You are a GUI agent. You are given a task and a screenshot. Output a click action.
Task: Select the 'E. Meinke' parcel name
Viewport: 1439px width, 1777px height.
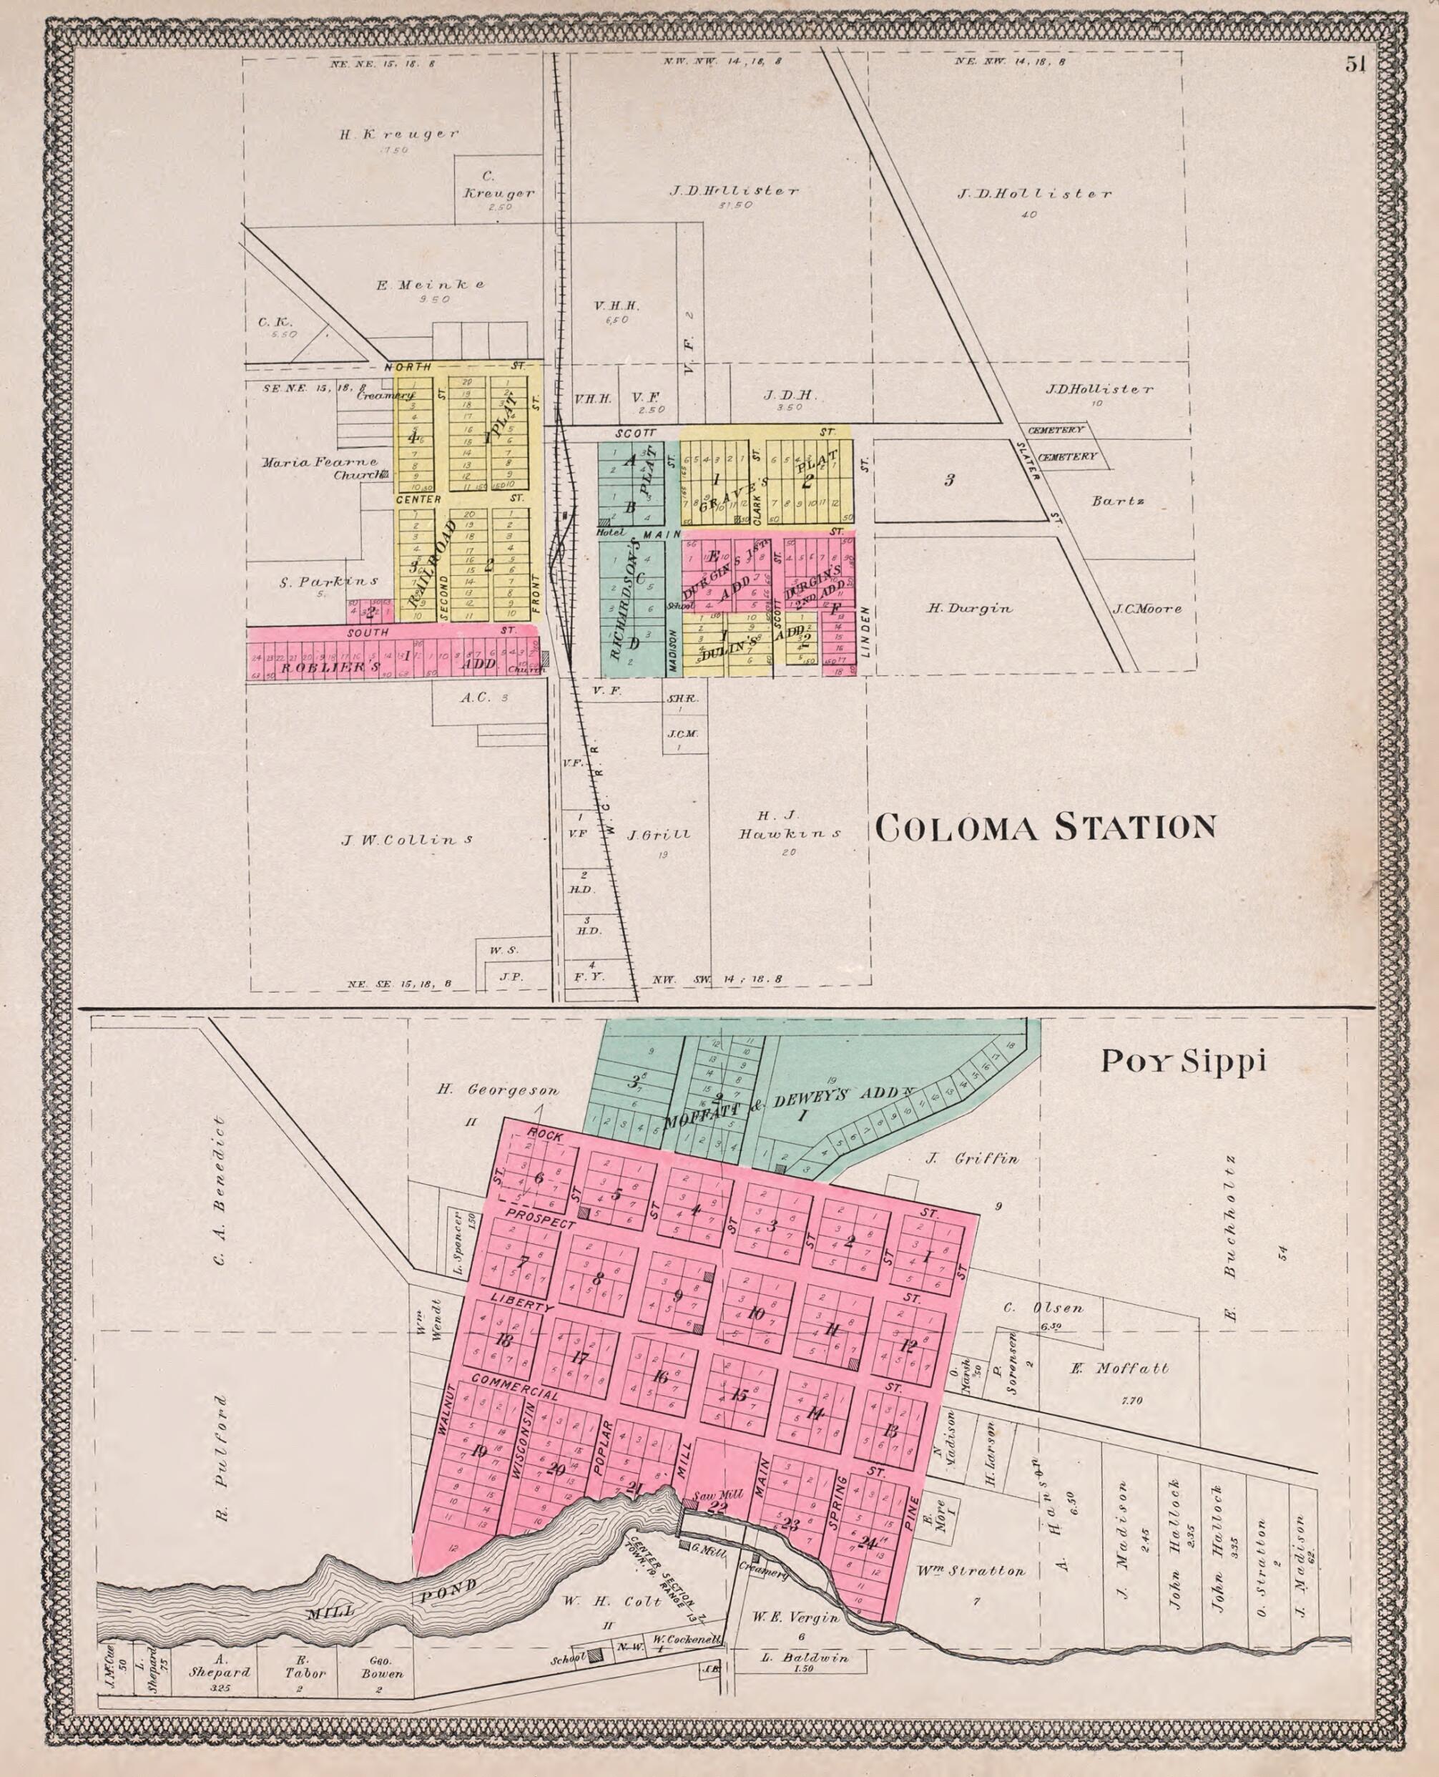tap(431, 285)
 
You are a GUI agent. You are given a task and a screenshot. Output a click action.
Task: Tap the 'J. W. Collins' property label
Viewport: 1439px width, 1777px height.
tap(407, 840)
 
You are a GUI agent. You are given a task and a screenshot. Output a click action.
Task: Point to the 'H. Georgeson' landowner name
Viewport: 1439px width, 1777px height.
tap(497, 1090)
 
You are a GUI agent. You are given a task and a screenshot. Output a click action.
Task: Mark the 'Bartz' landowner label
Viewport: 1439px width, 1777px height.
tap(1117, 501)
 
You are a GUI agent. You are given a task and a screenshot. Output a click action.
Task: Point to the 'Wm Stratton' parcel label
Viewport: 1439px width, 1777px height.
tap(971, 1570)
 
